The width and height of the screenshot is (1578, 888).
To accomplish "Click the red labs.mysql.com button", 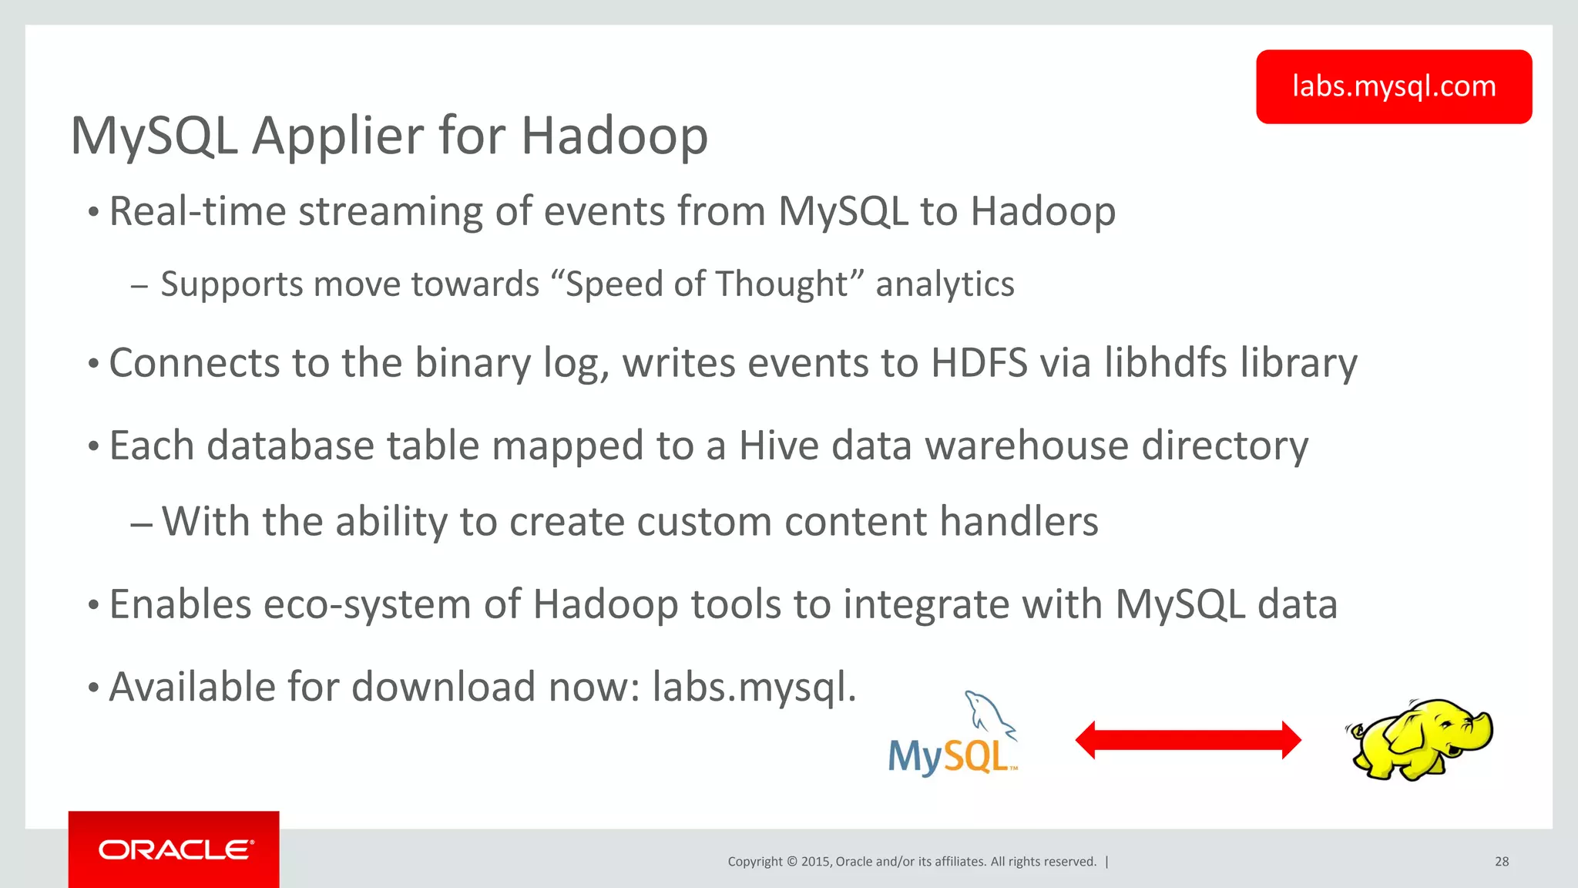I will pos(1393,86).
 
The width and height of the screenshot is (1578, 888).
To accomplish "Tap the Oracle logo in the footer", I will pos(174,849).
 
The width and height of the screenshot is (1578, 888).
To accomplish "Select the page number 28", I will pos(1502,862).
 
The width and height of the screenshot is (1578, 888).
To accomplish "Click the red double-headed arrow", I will pos(1187,740).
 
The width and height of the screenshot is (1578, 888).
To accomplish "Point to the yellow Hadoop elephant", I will pos(1419,740).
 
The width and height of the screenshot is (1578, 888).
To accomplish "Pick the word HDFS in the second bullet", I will pos(979,363).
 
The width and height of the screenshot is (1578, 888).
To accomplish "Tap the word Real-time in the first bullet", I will pos(197,211).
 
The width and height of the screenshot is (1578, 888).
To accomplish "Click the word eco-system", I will pos(367,604).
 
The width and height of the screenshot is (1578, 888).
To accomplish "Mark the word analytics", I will pos(945,284).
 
